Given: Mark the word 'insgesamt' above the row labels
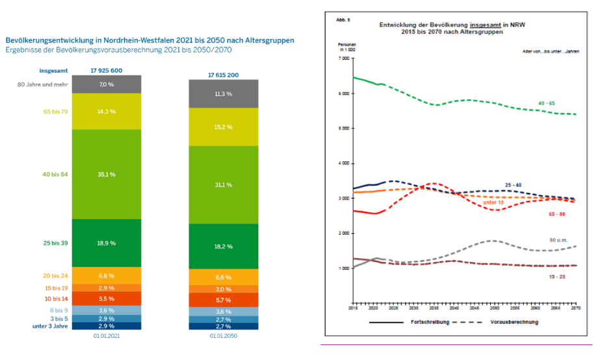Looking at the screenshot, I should [x=53, y=70].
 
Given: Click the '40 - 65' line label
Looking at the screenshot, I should [x=547, y=103].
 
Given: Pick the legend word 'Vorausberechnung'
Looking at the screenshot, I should [x=514, y=322].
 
